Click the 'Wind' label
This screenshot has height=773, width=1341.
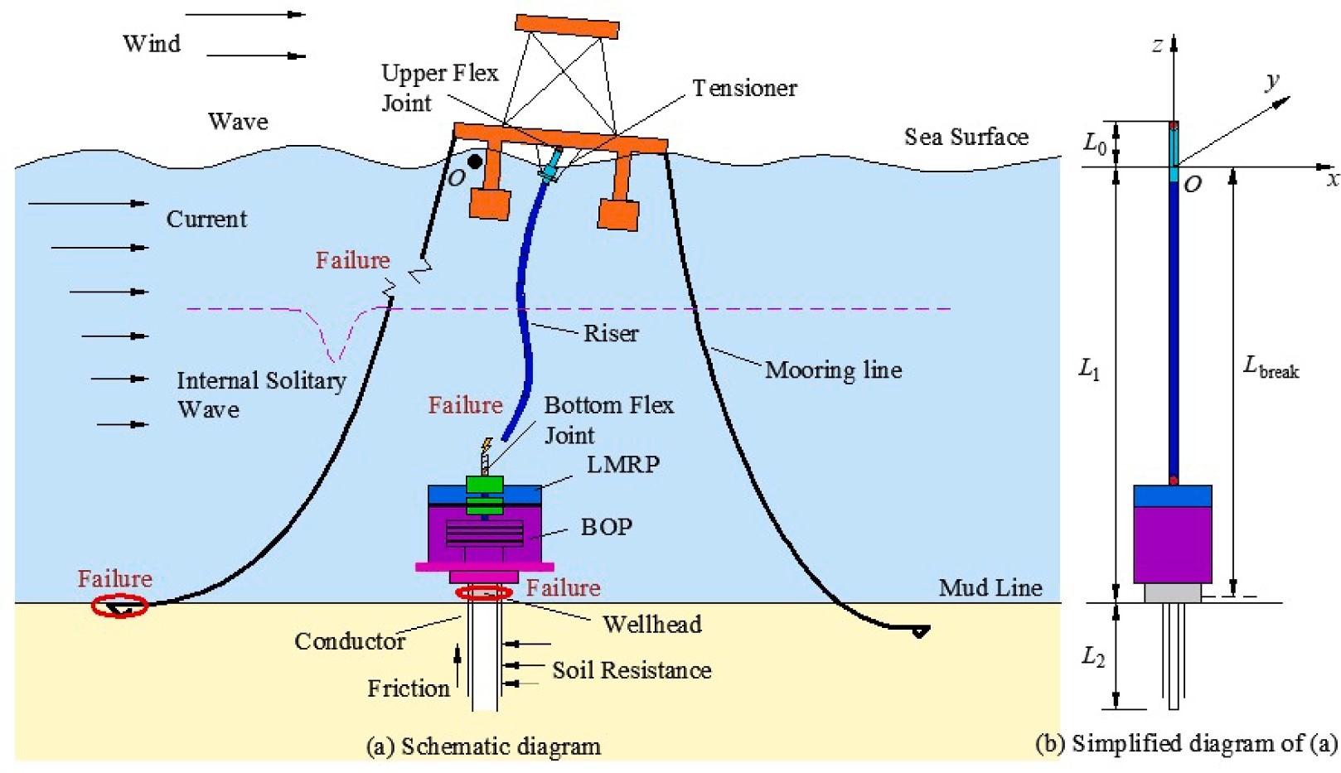point(152,43)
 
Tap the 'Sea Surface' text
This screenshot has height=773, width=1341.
point(966,137)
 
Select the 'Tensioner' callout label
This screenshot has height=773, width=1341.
point(744,88)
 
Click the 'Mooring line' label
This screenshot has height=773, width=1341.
point(833,370)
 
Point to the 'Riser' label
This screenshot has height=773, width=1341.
point(611,333)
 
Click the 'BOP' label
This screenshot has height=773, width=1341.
point(606,527)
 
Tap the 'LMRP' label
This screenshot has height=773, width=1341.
point(622,464)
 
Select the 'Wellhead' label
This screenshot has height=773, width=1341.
point(651,624)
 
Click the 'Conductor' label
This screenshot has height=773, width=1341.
point(350,640)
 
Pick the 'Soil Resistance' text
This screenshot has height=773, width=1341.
point(632,669)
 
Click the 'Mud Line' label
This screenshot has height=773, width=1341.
point(990,587)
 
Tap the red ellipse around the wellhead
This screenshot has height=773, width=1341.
point(485,592)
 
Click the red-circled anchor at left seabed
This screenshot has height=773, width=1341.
point(119,606)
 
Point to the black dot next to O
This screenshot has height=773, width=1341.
point(474,162)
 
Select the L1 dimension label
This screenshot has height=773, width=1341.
point(1089,370)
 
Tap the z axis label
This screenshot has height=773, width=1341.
point(1157,46)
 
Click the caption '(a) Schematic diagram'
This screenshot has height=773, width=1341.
point(483,746)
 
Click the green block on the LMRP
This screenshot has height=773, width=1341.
point(485,485)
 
